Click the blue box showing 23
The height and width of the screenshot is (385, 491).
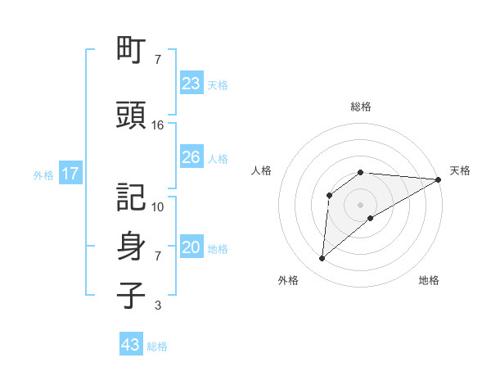tap(191, 83)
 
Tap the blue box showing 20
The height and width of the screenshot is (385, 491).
tap(191, 247)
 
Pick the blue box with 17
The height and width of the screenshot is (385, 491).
tap(70, 174)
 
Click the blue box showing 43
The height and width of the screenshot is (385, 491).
tap(131, 345)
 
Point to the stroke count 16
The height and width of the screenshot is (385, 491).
tap(158, 125)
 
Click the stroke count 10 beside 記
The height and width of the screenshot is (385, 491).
tap(158, 206)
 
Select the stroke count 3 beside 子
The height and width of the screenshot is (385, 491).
tap(157, 306)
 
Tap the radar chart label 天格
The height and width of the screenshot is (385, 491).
tap(460, 170)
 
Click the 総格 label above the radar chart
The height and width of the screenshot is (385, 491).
tap(360, 106)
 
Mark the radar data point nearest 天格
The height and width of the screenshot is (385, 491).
tap(439, 179)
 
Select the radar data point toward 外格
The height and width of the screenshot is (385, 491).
tap(322, 259)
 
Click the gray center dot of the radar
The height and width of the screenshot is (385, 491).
tap(360, 204)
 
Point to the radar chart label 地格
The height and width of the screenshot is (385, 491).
tap(429, 281)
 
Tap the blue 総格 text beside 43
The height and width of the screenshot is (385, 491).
tap(157, 346)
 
